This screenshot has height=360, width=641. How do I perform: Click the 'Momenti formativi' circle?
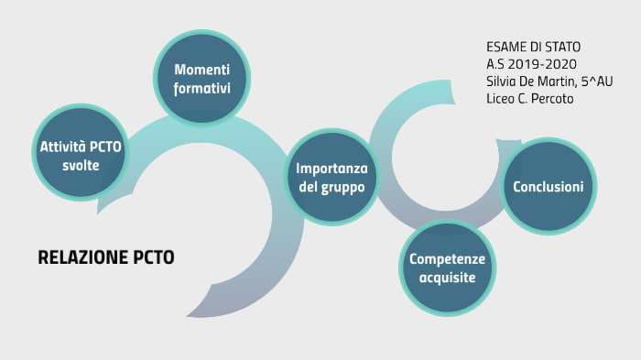click(x=202, y=80)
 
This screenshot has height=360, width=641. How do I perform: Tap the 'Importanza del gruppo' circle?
click(x=331, y=178)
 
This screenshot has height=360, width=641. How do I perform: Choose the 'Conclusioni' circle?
click(x=548, y=187)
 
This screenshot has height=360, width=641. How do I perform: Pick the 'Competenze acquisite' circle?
click(x=447, y=268)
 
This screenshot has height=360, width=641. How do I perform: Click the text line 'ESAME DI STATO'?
click(x=533, y=46)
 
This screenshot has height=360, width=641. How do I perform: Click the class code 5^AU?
click(x=597, y=81)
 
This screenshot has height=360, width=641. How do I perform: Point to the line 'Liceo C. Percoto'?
click(x=529, y=98)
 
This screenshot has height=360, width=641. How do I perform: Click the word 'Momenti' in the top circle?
click(x=202, y=71)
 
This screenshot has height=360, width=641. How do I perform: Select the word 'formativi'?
click(x=202, y=89)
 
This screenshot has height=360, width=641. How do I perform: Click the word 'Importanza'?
click(x=331, y=169)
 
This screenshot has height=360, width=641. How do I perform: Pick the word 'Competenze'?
click(x=447, y=259)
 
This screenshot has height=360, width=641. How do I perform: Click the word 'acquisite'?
click(x=447, y=278)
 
